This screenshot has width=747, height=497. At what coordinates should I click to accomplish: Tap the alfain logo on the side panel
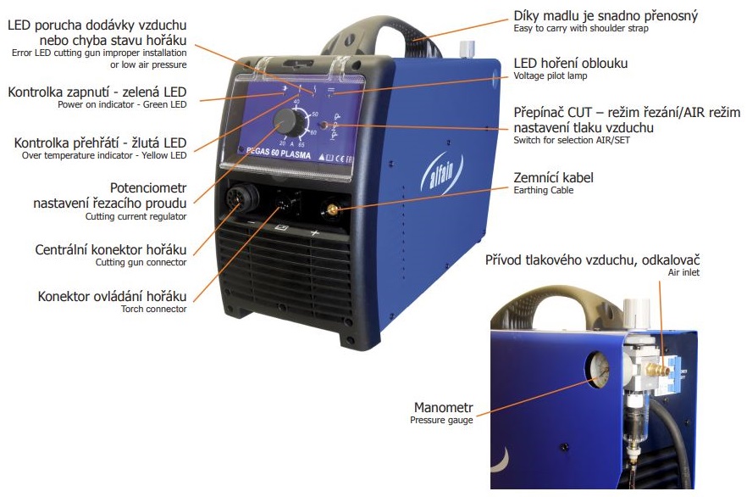(x=441, y=172)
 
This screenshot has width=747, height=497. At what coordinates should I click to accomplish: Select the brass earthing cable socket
(x=332, y=209)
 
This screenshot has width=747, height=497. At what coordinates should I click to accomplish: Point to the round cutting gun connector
(x=241, y=197)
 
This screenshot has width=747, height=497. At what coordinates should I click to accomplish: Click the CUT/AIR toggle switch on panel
(x=324, y=126)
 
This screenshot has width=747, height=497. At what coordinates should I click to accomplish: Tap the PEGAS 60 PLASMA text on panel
(x=279, y=153)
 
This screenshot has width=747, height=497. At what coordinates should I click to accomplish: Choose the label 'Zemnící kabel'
(x=553, y=178)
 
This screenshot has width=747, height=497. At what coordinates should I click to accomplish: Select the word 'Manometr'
(x=443, y=407)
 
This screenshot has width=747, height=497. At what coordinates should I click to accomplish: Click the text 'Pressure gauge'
(x=441, y=420)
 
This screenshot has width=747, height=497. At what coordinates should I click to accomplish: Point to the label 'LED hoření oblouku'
(x=570, y=64)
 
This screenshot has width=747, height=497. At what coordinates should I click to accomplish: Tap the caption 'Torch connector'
(x=153, y=309)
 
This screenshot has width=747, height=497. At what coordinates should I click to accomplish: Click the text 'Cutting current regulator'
(x=136, y=216)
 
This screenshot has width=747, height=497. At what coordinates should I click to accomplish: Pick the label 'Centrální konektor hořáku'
(x=110, y=249)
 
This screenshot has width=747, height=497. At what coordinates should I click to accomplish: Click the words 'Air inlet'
(x=683, y=272)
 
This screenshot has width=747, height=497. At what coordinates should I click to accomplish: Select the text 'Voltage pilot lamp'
(x=551, y=75)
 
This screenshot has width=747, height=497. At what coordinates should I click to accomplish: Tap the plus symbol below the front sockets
(x=314, y=233)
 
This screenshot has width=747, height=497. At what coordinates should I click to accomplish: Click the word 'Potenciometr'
(x=148, y=188)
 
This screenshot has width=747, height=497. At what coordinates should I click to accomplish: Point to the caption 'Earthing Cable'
(x=543, y=190)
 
